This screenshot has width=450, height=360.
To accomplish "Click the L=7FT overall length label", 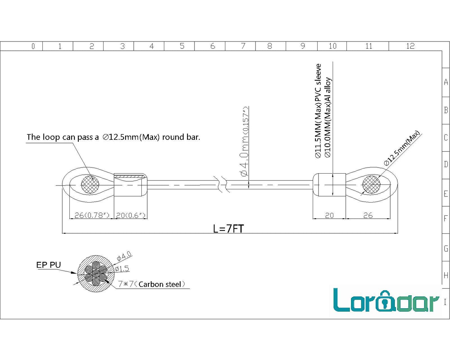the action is [228, 229].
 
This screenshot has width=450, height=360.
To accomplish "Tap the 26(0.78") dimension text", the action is [92, 215].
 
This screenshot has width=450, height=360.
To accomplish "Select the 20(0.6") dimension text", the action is [131, 215].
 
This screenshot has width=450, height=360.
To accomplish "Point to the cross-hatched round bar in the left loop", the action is [90, 185].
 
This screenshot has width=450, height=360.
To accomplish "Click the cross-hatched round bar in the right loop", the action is [371, 185].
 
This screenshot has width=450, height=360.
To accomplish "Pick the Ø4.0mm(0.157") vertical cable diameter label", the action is [245, 141].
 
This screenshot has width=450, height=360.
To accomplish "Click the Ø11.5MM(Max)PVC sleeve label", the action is [318, 111].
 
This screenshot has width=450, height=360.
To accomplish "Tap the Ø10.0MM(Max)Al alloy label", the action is [328, 117].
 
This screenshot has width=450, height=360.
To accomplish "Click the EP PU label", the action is [49, 265].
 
